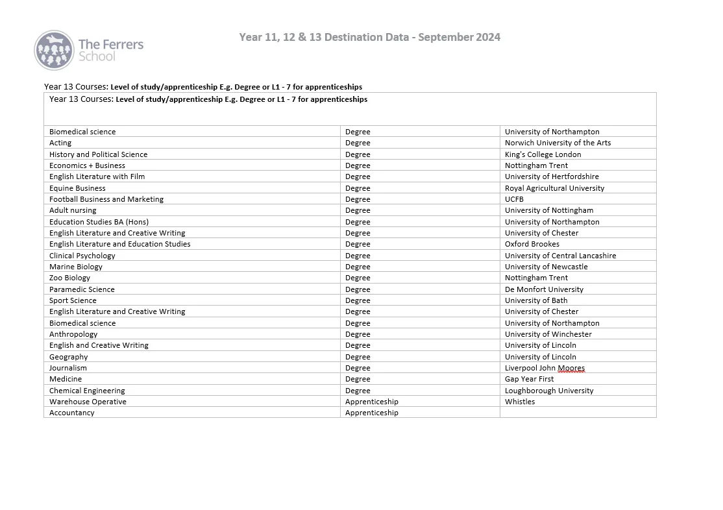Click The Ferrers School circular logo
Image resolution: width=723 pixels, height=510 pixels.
tap(54, 50)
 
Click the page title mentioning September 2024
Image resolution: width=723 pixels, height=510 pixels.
tap(369, 37)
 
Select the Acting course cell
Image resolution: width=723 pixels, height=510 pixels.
tap(60, 143)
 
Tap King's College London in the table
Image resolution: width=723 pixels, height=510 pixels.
tap(543, 154)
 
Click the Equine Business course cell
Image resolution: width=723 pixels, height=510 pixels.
tap(77, 188)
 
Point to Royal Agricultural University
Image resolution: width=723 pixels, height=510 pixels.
tap(554, 188)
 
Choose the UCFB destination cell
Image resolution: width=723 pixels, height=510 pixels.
tap(514, 199)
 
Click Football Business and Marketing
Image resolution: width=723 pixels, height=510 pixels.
tap(106, 199)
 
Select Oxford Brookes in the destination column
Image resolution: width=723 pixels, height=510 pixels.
tap(532, 244)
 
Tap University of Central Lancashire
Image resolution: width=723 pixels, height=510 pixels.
tap(560, 256)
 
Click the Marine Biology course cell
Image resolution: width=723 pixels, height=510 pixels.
tap(76, 267)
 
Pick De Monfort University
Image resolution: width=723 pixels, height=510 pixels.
tap(544, 289)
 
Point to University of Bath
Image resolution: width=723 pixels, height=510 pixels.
tap(536, 300)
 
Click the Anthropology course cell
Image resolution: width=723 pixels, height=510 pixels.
tap(73, 334)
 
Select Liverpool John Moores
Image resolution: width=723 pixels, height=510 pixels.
tap(545, 368)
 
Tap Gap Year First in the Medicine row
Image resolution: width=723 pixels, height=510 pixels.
tap(529, 379)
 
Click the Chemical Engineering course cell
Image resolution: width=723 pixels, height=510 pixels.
tap(87, 391)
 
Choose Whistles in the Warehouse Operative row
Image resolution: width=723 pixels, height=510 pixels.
tap(520, 402)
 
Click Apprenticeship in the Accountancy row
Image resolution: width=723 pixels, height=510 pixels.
tap(371, 413)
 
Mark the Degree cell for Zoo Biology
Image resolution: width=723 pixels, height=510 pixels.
tap(358, 278)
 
